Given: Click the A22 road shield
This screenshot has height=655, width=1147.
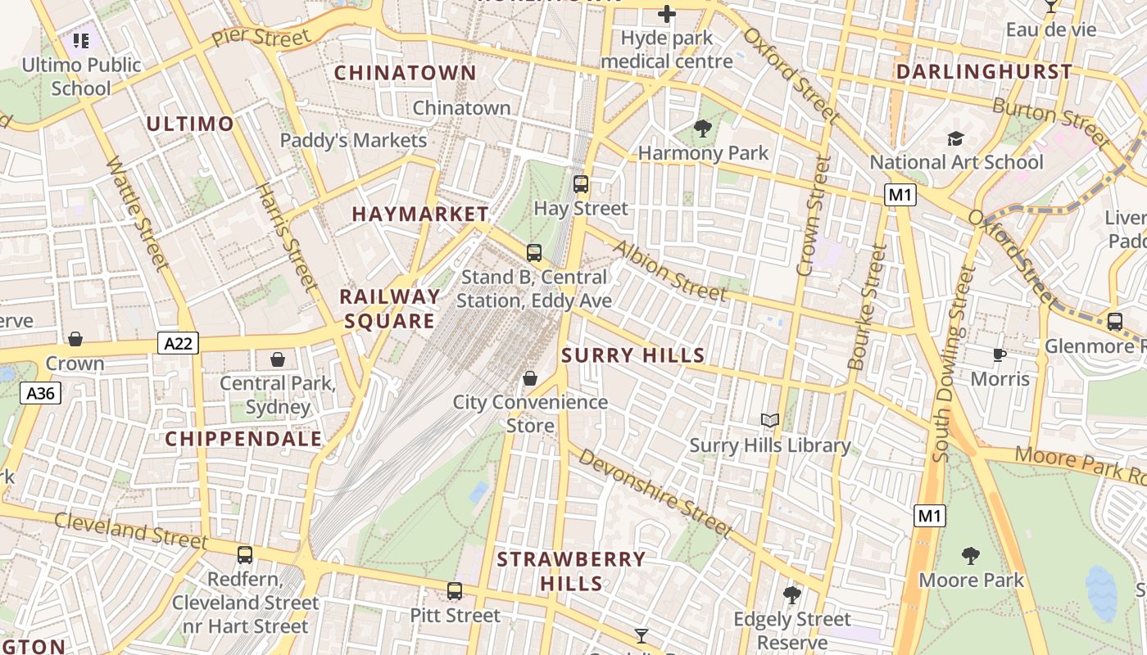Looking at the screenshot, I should click(x=178, y=343).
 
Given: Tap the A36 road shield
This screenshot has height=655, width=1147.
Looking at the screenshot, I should click(x=40, y=394).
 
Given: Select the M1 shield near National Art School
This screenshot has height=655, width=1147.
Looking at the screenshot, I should click(x=900, y=195).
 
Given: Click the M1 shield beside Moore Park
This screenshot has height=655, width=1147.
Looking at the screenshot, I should click(x=929, y=516).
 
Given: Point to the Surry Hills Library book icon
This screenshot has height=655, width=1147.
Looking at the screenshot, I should click(x=769, y=421).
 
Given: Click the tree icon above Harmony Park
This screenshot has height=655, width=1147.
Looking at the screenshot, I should click(x=702, y=128).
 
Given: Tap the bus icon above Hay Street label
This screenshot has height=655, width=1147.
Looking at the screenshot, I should click(x=581, y=184).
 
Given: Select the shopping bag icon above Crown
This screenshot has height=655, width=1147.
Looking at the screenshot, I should click(x=75, y=339).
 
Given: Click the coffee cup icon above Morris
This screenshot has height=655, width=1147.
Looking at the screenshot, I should click(x=999, y=355).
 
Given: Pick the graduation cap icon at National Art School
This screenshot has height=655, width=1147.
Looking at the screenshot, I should click(x=955, y=138).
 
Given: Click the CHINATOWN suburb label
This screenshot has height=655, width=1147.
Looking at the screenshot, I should click(x=405, y=73).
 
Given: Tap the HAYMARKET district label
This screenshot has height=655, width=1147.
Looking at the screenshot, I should click(x=420, y=215).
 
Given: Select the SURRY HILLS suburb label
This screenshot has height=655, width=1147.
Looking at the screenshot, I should click(x=632, y=355).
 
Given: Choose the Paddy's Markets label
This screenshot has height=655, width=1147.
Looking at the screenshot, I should click(x=353, y=141).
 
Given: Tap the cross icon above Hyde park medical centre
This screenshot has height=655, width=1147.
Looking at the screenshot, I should click(x=667, y=14).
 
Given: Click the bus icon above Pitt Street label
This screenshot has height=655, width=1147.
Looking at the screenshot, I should click(x=455, y=591).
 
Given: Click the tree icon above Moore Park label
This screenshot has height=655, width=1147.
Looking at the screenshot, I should click(x=970, y=556).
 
